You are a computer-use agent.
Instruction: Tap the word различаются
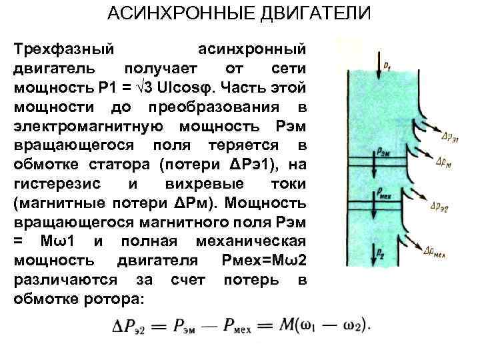click(61, 279)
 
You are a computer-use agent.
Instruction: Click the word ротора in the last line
click(113, 299)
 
